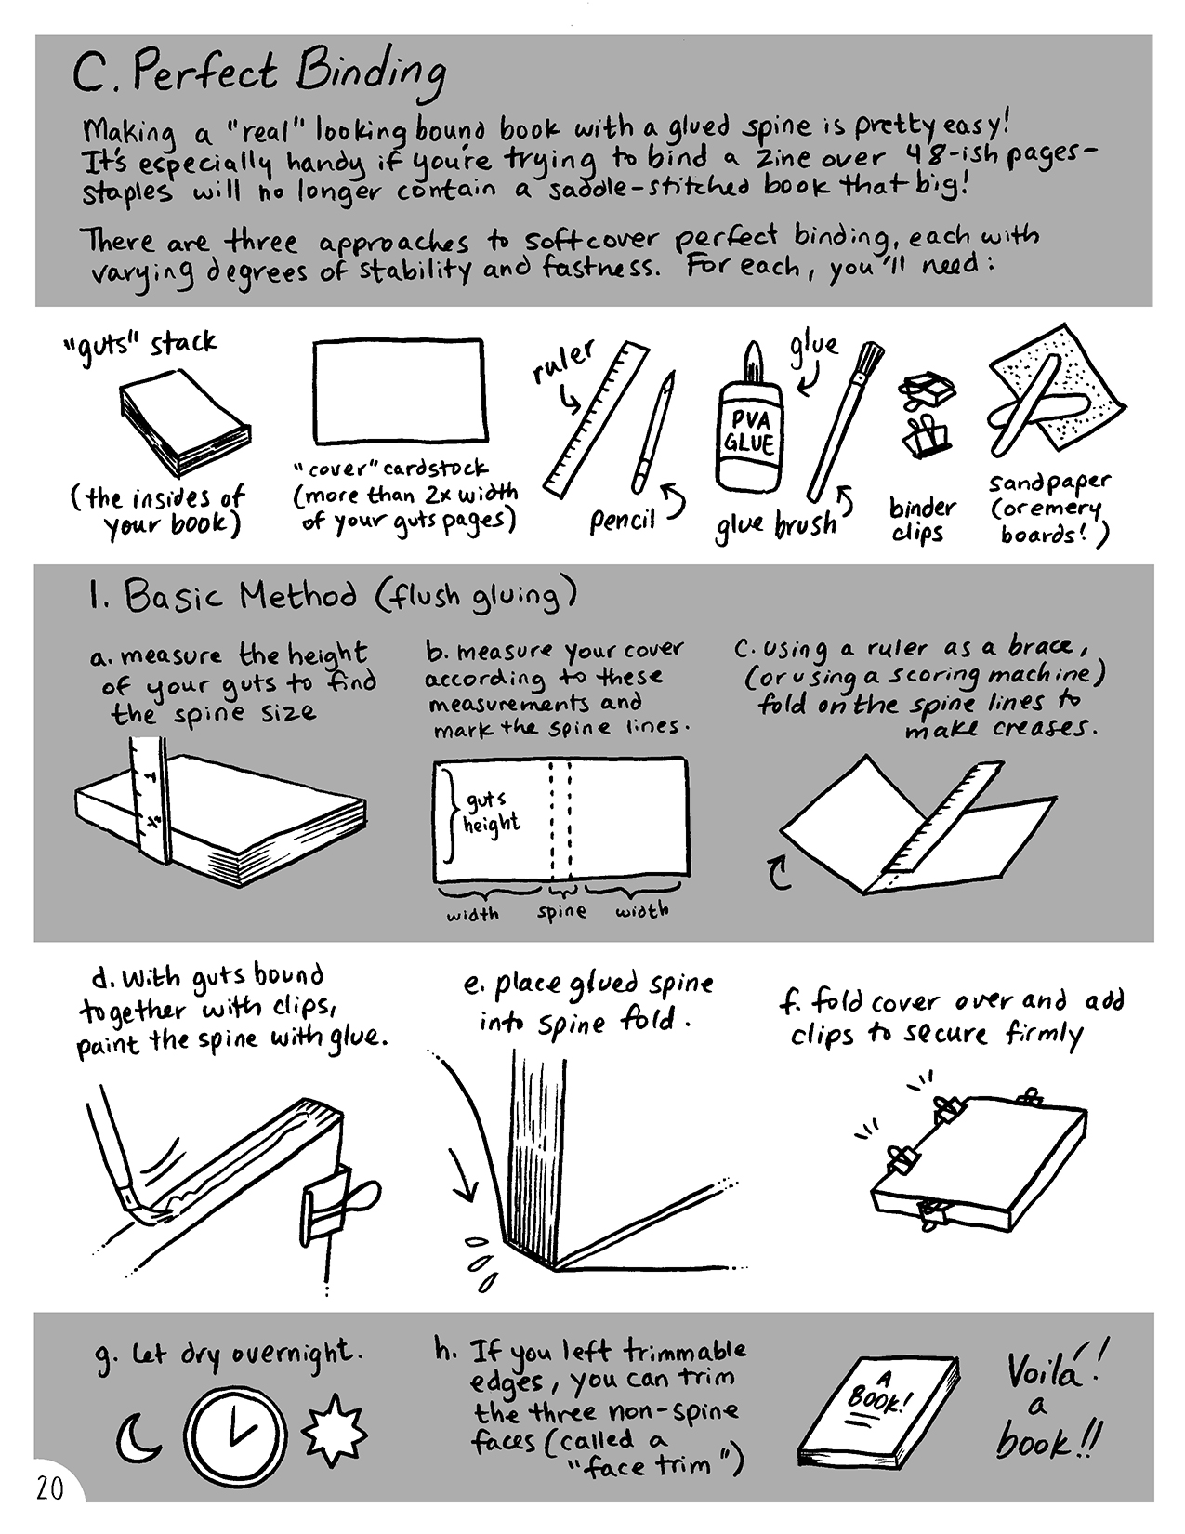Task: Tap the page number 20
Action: click(x=49, y=1488)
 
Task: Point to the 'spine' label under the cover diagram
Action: click(x=561, y=912)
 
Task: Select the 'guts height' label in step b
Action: click(x=492, y=812)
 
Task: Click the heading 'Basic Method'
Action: click(x=241, y=597)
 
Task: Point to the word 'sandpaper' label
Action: click(x=1049, y=483)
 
